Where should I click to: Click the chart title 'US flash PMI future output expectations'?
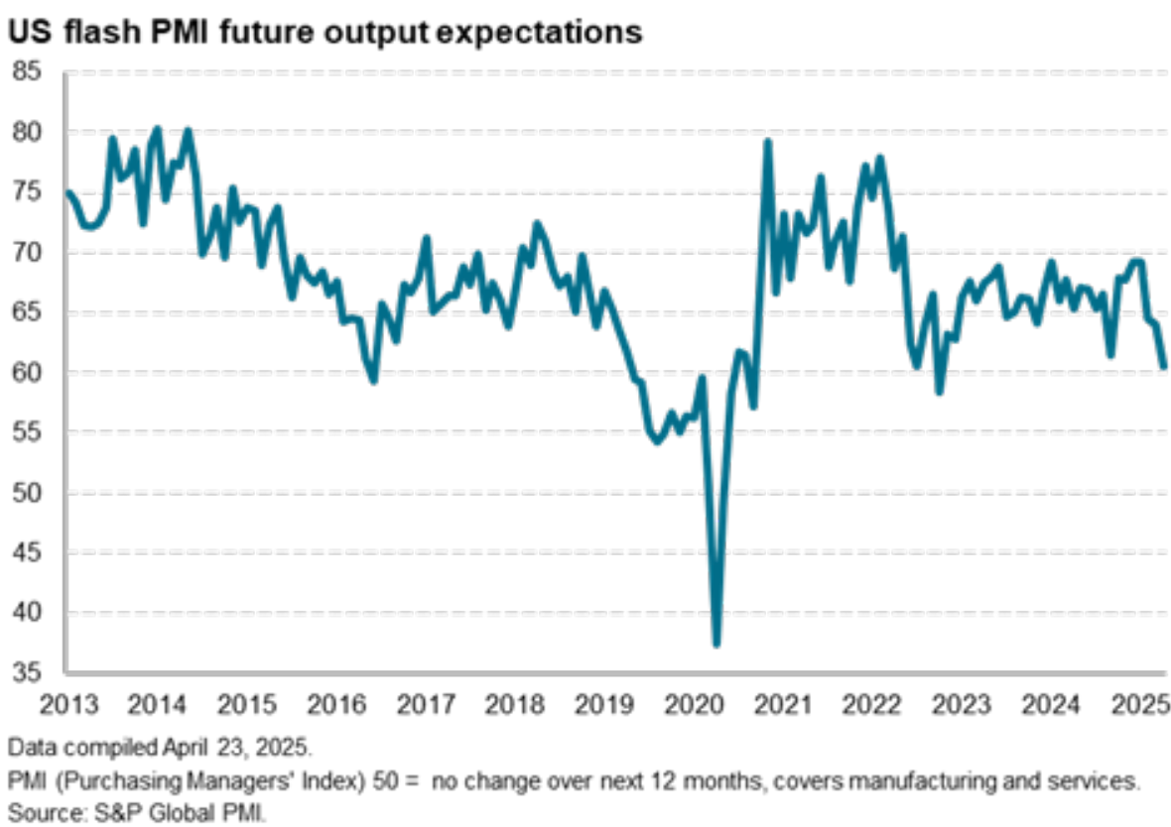(325, 32)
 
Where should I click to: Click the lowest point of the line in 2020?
(716, 644)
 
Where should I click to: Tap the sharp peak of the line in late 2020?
(768, 142)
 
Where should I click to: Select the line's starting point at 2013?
(67, 192)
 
